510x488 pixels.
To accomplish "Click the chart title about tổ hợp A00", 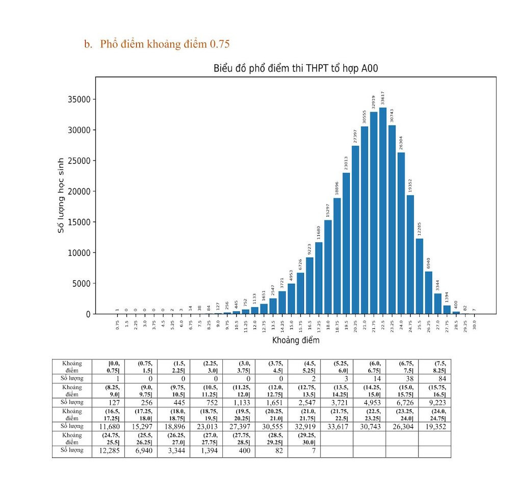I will point(295,68).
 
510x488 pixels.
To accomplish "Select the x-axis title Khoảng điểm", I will point(295,340).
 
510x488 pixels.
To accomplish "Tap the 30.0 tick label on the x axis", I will point(474,324).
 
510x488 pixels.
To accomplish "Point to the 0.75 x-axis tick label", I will point(117,324).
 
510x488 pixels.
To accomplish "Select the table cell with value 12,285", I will point(108,451).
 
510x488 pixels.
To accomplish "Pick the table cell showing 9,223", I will point(435,402).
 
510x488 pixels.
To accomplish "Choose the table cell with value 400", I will point(239,451).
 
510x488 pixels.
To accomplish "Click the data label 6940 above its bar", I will point(429,264).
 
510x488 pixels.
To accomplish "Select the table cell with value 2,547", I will point(303,402).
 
